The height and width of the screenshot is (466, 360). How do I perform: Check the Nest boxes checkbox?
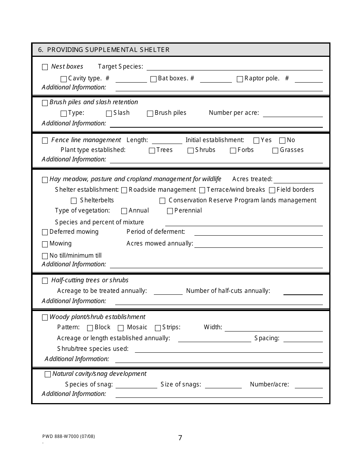tap(45, 67)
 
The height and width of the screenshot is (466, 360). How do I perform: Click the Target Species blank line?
tap(234, 67)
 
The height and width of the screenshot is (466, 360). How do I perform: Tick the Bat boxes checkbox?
tap(153, 79)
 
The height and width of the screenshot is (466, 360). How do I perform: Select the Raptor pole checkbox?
tap(240, 79)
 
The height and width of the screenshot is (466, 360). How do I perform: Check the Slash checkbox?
tap(109, 114)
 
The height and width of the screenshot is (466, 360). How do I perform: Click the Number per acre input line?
tap(293, 114)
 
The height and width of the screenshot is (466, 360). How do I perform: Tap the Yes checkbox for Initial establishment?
tap(256, 141)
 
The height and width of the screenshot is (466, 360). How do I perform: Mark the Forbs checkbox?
tap(233, 151)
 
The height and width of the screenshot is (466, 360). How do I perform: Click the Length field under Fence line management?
tap(164, 141)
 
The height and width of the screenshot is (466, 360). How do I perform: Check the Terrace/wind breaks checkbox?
tap(202, 190)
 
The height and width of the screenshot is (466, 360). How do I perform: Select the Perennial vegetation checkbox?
tap(170, 211)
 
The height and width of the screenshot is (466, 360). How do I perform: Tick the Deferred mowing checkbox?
tap(45, 232)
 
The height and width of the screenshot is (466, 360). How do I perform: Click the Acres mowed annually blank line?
tap(258, 244)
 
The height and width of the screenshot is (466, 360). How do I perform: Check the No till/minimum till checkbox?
tap(45, 256)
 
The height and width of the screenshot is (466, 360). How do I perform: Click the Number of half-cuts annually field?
tap(303, 292)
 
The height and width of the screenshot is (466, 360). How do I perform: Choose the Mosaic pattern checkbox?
tap(121, 328)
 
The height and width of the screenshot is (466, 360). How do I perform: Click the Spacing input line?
tap(303, 339)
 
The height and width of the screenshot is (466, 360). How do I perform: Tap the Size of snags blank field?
tap(223, 385)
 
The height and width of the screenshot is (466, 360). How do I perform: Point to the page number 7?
tap(180, 438)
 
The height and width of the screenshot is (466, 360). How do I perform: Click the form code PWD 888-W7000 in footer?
tap(69, 436)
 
